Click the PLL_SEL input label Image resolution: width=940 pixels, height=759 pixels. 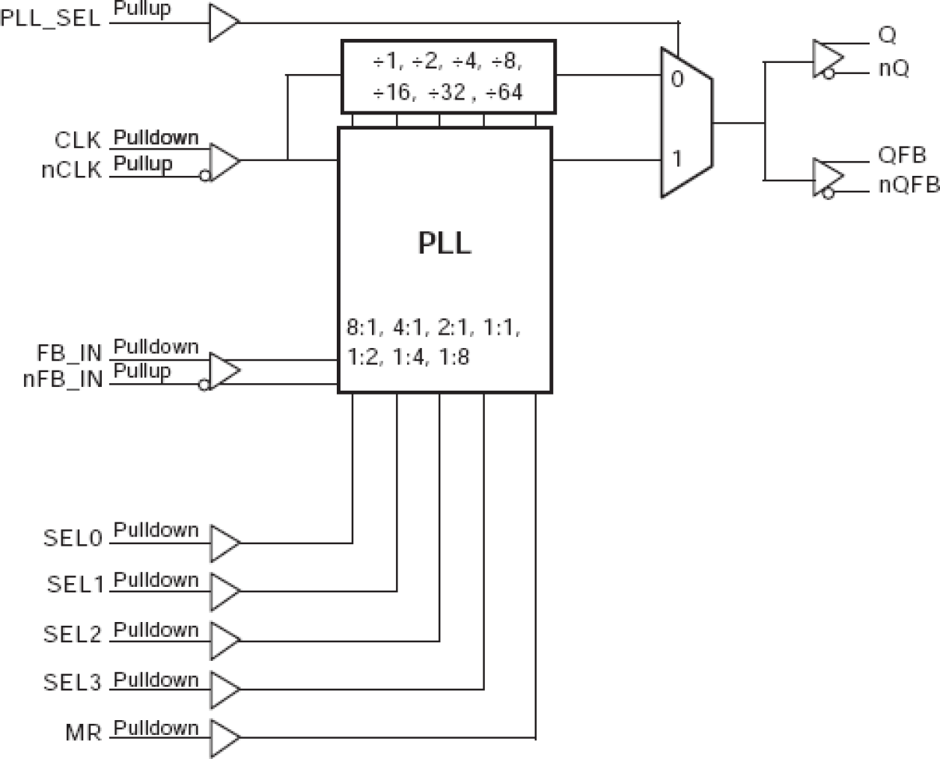(x=50, y=18)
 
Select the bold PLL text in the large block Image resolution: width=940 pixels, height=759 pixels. (x=445, y=243)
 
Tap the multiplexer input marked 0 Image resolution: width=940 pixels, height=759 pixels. (x=677, y=79)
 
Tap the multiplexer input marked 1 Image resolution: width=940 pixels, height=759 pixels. (x=677, y=159)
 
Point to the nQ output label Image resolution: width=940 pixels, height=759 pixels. (x=894, y=69)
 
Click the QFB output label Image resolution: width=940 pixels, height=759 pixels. (x=902, y=155)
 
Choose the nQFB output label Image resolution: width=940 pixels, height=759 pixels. (x=908, y=184)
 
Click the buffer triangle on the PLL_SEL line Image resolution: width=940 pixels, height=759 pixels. (x=223, y=22)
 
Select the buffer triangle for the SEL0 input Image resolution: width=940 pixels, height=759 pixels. (x=224, y=543)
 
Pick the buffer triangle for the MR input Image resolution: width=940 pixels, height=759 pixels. (x=224, y=738)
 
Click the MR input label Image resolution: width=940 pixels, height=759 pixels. (x=83, y=732)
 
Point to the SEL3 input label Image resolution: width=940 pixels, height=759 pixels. (x=72, y=683)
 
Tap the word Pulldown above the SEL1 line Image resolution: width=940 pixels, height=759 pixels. (x=156, y=580)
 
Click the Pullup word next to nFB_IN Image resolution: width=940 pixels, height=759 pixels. (x=142, y=371)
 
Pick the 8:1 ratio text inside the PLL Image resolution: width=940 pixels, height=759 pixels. (x=364, y=327)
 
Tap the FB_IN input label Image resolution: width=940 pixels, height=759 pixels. (x=69, y=353)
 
